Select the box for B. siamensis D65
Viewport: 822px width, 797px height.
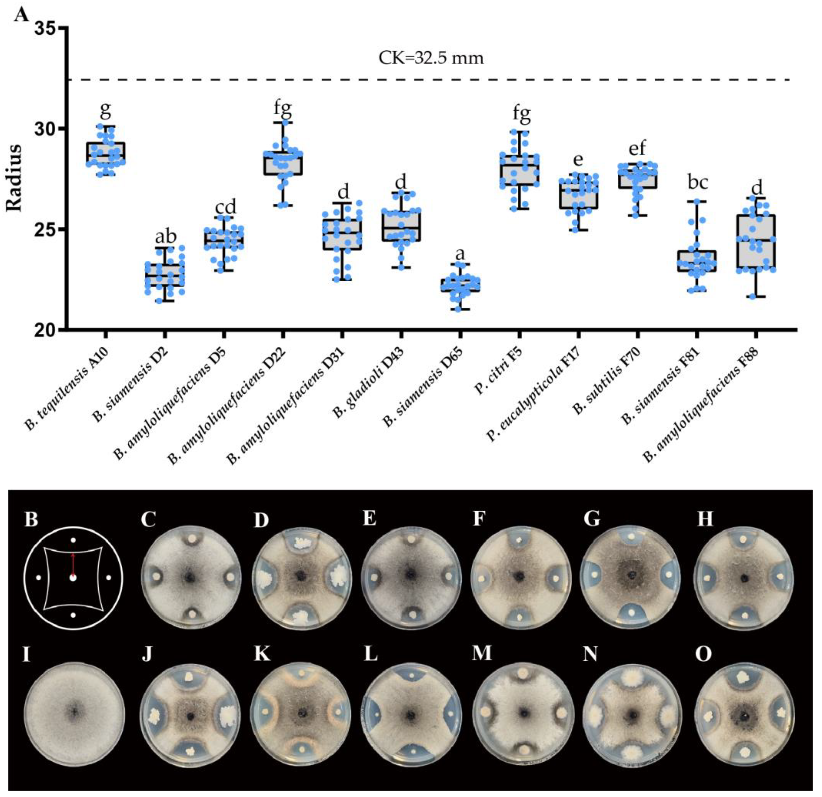click(x=460, y=285)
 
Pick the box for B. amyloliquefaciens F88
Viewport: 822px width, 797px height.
click(x=756, y=241)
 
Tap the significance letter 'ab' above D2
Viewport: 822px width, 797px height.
click(x=166, y=237)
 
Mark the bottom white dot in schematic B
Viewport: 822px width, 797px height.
click(x=73, y=615)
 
